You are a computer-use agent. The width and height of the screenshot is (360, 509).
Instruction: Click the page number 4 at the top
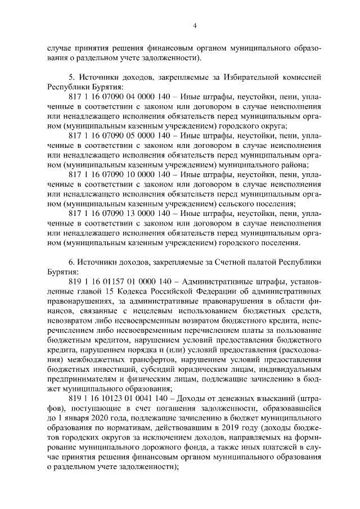click(193, 25)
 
